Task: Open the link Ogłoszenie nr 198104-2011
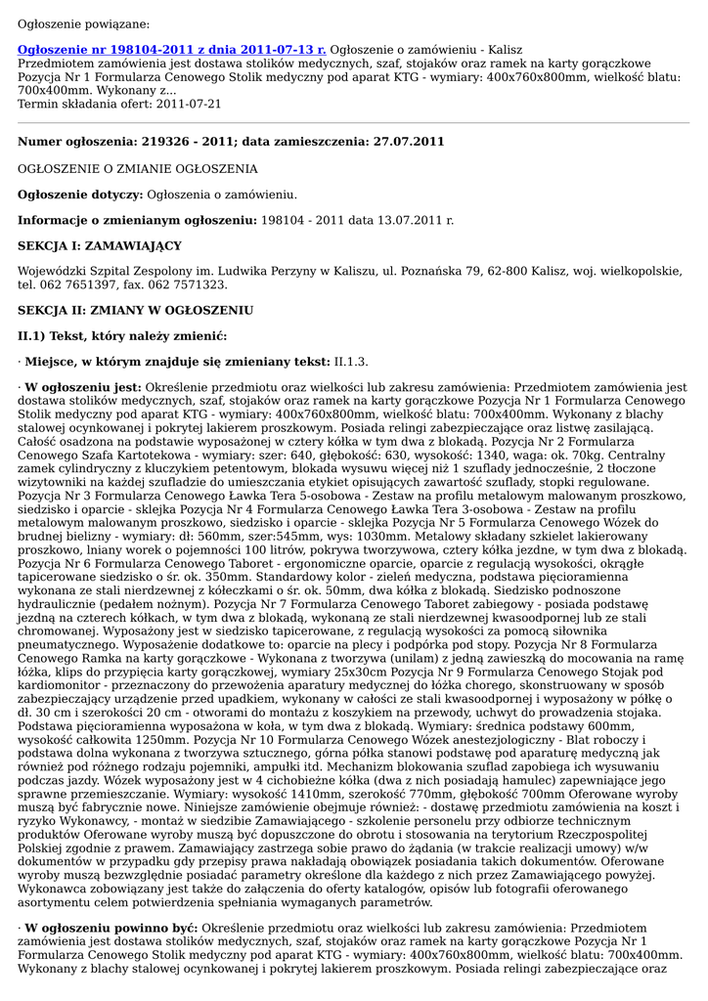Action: point(171,49)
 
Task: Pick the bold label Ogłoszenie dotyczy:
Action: point(80,196)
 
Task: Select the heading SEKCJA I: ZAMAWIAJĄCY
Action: point(100,245)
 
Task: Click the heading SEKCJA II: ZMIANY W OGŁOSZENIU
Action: point(135,310)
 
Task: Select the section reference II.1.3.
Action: point(352,362)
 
